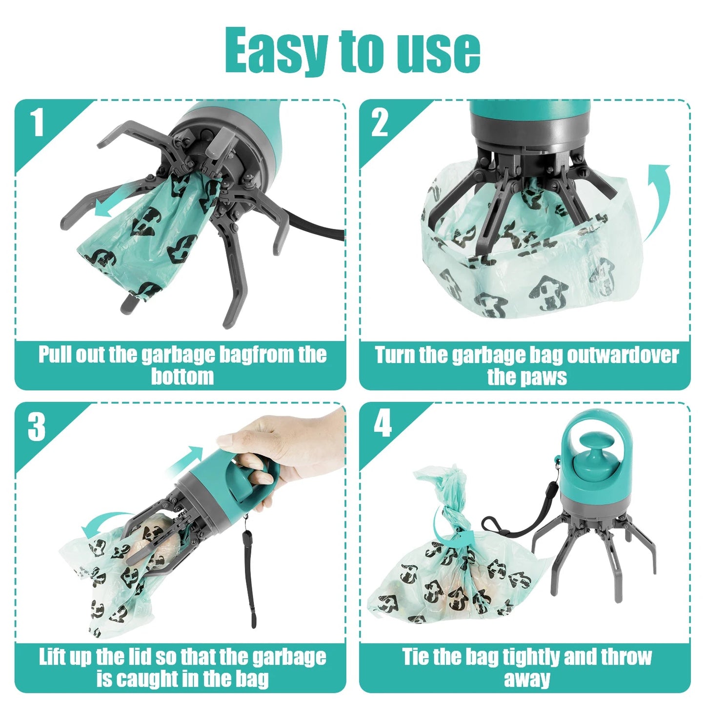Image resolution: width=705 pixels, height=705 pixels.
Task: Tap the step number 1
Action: tap(38, 122)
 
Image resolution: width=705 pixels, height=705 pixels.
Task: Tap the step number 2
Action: tap(380, 122)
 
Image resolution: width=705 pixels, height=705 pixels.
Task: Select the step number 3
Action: tap(37, 427)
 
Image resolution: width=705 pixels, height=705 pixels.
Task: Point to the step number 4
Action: tap(383, 424)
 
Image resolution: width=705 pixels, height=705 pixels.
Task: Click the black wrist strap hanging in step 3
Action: tap(250, 576)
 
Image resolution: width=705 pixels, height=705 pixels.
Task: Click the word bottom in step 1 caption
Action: tap(182, 377)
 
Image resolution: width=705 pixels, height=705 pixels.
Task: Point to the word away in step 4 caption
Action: tap(526, 679)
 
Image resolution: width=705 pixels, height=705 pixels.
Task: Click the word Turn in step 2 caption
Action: tap(394, 355)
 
